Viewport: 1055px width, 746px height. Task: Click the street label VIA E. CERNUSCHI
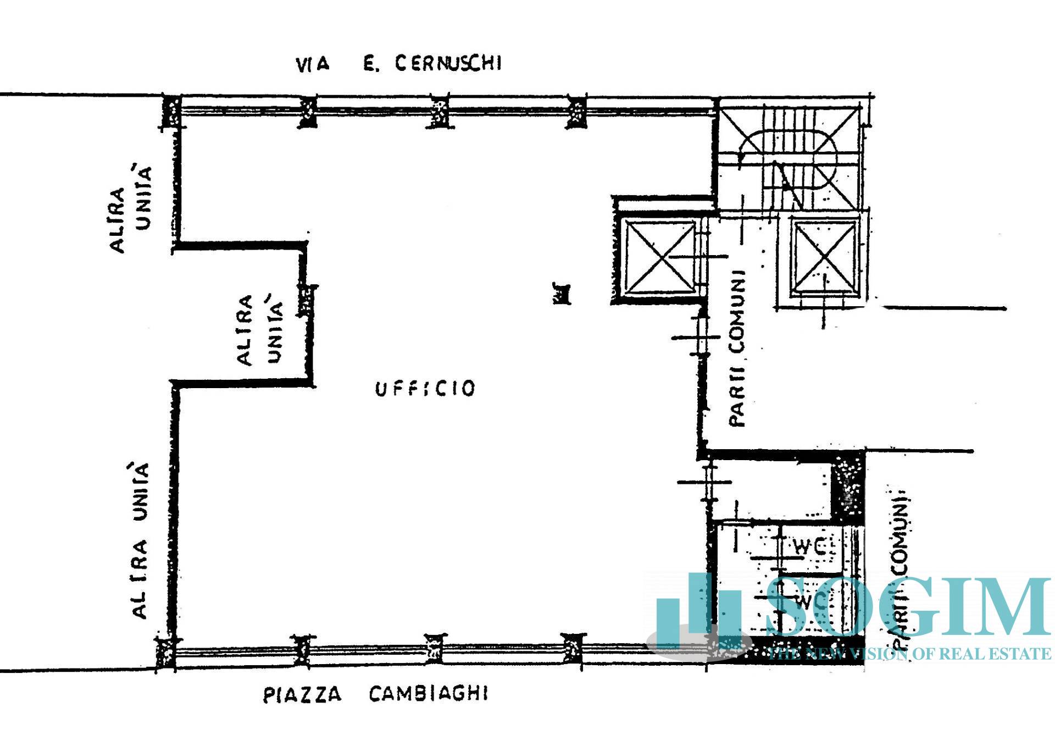(x=398, y=64)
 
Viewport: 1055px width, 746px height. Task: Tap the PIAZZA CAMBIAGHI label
(x=375, y=694)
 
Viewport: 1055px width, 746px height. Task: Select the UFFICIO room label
(x=425, y=389)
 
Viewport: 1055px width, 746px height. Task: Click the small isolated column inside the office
(x=561, y=293)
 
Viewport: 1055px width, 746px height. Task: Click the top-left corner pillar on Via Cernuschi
(x=171, y=113)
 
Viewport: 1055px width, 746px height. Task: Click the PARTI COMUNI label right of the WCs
(x=899, y=569)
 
